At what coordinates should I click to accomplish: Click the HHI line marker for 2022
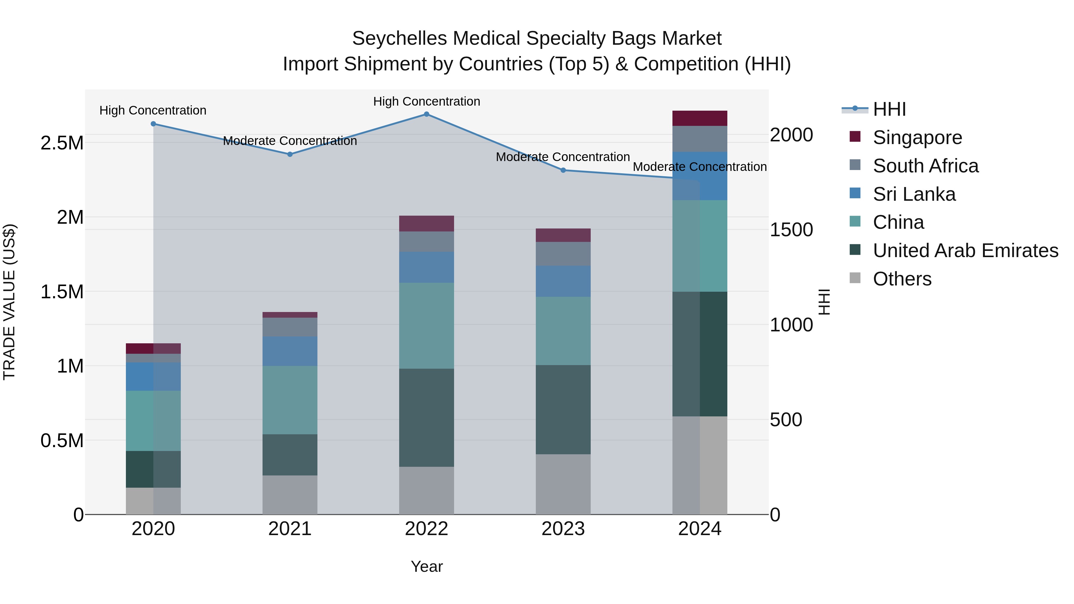click(x=427, y=114)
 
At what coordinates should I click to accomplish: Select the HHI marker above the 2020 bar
click(x=153, y=124)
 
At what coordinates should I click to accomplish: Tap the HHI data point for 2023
click(x=563, y=170)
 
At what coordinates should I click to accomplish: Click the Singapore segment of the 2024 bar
click(x=700, y=118)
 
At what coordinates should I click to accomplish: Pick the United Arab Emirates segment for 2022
click(x=427, y=418)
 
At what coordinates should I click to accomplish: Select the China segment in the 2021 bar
click(x=290, y=400)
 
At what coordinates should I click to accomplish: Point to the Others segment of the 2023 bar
click(x=563, y=484)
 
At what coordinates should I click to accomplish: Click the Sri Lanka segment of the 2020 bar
click(x=153, y=376)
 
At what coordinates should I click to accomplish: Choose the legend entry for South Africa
click(x=925, y=166)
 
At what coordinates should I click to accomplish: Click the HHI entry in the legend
click(x=889, y=109)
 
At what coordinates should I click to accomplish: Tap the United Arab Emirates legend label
click(x=965, y=251)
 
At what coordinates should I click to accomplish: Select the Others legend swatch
click(x=855, y=278)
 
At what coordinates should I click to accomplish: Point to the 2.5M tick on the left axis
click(x=62, y=143)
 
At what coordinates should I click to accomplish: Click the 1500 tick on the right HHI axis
click(x=791, y=230)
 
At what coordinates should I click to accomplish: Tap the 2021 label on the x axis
click(x=290, y=529)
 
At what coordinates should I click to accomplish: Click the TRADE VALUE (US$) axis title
click(x=10, y=302)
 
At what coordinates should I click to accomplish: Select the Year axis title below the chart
click(x=427, y=566)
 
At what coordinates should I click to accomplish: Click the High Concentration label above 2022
click(x=427, y=101)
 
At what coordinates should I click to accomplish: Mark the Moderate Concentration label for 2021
click(x=290, y=141)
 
